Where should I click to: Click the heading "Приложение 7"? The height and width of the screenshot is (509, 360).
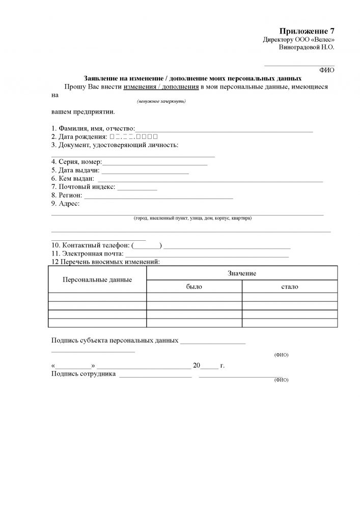coord(307,32)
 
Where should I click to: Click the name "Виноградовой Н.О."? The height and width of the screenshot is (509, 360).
coord(307,47)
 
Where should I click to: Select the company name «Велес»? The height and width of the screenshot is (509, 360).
coord(323,40)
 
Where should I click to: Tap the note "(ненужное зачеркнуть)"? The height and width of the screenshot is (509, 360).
coord(161,101)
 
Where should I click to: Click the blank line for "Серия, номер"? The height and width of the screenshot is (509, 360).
coord(155,164)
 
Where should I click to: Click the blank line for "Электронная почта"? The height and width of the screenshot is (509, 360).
coord(207,254)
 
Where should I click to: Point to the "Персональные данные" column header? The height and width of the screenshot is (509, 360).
coord(97,280)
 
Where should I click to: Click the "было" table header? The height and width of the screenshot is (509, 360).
coord(194,287)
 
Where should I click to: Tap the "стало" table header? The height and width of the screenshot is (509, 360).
coord(290,287)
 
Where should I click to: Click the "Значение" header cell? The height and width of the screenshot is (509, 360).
coord(242,274)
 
